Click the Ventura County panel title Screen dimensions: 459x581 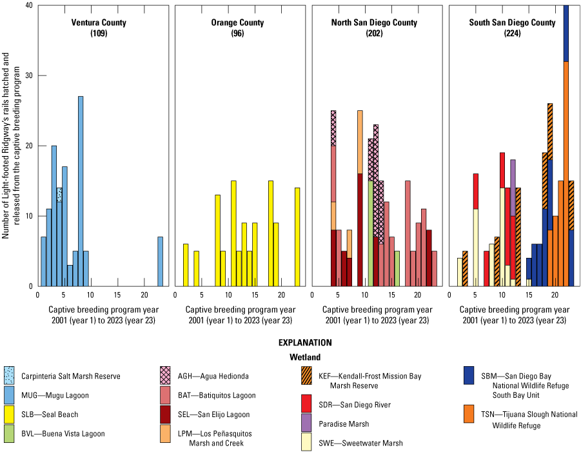point(99,23)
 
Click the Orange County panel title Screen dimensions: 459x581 point(236,23)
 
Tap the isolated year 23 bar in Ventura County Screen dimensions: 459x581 point(161,261)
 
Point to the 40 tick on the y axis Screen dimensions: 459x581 point(28,6)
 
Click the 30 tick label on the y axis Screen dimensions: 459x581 point(28,76)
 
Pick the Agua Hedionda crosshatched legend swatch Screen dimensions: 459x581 point(166,376)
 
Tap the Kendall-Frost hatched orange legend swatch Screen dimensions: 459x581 point(317,376)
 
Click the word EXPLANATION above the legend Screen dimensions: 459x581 point(305,343)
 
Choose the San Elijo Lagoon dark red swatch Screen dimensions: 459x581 point(166,415)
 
